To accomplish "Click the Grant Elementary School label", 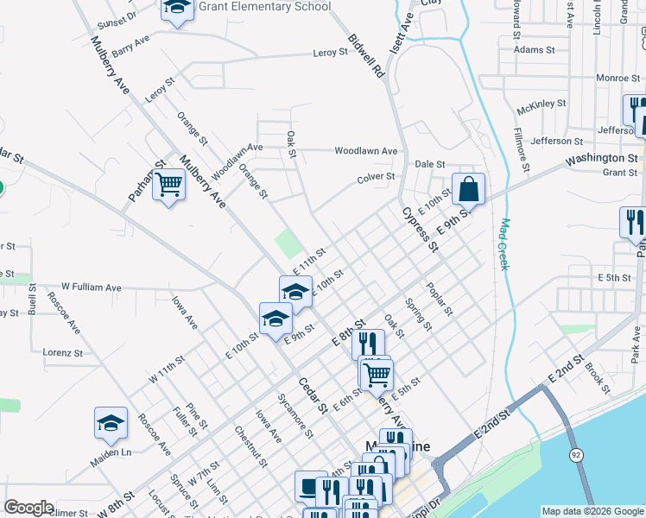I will (x=264, y=7).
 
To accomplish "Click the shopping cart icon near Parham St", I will (x=169, y=184).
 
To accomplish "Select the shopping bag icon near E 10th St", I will (x=467, y=188).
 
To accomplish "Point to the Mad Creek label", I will (x=504, y=244).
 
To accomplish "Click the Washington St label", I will (x=601, y=159).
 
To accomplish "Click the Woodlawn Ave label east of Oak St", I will (x=366, y=151).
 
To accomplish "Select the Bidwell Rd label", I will (x=365, y=57).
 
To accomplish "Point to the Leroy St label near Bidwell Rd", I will (x=330, y=53).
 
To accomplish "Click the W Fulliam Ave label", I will (x=91, y=287).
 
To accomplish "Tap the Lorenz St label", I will (x=62, y=353).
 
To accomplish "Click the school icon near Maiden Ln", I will (x=111, y=423).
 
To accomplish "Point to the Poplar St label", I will (x=439, y=298).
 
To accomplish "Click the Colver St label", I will (x=377, y=177).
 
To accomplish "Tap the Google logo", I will (x=28, y=508).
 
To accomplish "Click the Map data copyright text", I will (x=592, y=511).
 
